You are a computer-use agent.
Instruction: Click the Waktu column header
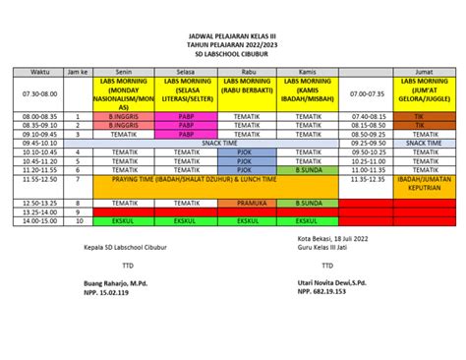[x=39, y=72]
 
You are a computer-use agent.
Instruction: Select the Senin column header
[x=124, y=72]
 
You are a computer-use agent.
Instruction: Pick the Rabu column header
[x=248, y=72]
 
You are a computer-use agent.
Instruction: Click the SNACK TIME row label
[x=218, y=143]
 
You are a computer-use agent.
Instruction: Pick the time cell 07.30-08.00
[x=39, y=93]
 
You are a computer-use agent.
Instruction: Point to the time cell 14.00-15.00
[x=39, y=220]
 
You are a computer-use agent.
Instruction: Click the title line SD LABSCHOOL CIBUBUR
[x=233, y=53]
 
